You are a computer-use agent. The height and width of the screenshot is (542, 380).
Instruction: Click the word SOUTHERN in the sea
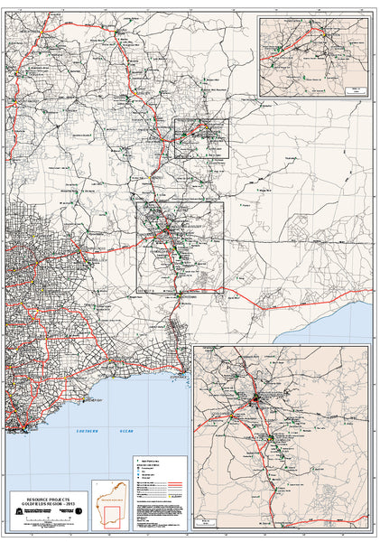click(91, 433)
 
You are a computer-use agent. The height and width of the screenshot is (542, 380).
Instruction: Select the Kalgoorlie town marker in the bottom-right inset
click(256, 397)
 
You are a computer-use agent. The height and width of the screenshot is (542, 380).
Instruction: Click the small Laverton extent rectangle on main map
click(200, 137)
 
